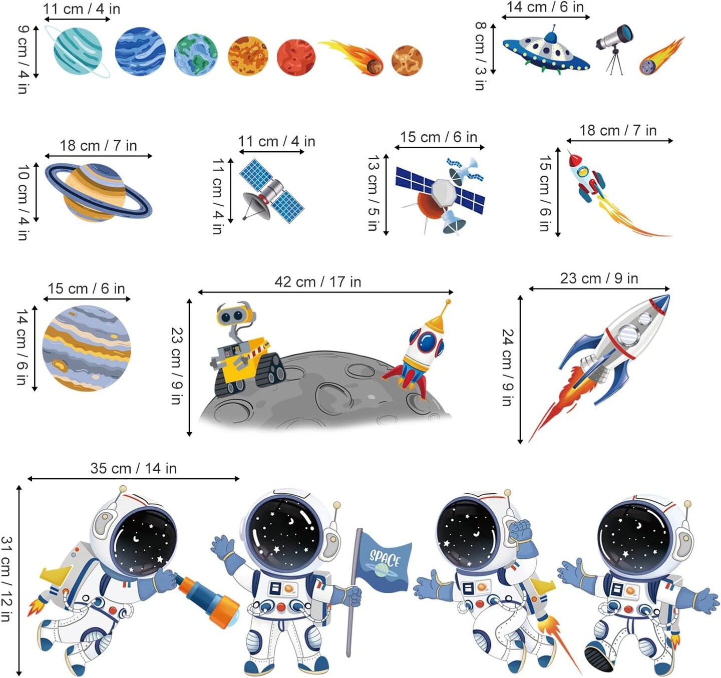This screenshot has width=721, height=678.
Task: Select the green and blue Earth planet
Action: point(195,55)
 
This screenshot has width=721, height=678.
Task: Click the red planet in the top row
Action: point(296,57)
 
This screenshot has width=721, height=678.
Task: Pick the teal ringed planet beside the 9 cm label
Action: point(78,52)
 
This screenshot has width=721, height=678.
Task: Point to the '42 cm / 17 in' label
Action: point(317,282)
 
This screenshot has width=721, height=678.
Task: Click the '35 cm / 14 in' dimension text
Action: point(133,469)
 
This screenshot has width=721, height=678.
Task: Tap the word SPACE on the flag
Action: point(385,557)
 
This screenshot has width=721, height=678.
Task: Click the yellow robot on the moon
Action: point(240,351)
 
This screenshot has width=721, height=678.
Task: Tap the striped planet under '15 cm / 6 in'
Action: point(86,349)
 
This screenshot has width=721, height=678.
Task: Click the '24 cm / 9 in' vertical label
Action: point(507,368)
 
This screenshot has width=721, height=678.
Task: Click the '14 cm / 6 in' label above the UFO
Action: point(545,7)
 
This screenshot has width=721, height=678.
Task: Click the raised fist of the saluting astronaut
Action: point(520,529)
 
